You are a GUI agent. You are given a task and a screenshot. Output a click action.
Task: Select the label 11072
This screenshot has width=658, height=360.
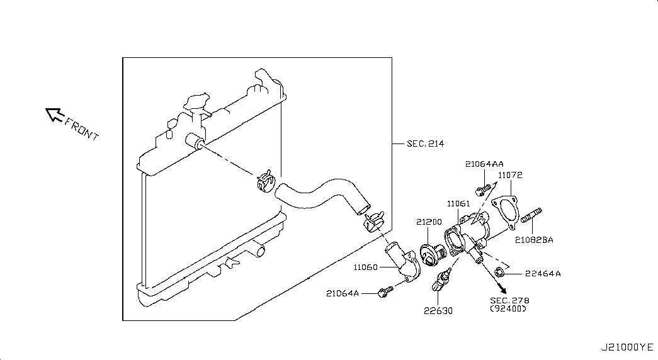(510, 176)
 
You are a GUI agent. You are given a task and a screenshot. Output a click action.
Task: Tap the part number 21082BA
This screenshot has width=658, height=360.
(534, 240)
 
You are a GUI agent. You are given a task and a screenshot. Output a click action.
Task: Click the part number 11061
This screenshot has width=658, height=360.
(458, 204)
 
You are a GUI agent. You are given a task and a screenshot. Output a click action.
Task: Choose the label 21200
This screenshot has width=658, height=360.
(429, 222)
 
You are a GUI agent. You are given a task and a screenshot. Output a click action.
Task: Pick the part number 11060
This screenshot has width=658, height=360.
(365, 267)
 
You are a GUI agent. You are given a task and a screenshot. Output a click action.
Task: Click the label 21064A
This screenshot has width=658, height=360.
(343, 293)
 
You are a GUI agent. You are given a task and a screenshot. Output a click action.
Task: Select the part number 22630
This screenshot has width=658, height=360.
(438, 310)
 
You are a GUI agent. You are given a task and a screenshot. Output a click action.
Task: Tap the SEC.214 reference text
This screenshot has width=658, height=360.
(425, 144)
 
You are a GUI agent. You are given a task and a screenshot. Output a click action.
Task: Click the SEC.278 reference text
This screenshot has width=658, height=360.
(509, 300)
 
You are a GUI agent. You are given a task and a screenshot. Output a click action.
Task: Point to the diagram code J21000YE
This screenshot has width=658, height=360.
(627, 347)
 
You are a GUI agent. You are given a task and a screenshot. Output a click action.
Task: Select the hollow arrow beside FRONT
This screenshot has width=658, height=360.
(54, 114)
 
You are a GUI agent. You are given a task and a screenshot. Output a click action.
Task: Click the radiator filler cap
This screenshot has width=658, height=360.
(196, 101)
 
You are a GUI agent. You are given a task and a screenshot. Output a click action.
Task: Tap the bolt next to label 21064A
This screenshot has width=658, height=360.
(383, 291)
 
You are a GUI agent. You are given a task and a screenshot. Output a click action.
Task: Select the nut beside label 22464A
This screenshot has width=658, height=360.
(499, 272)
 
